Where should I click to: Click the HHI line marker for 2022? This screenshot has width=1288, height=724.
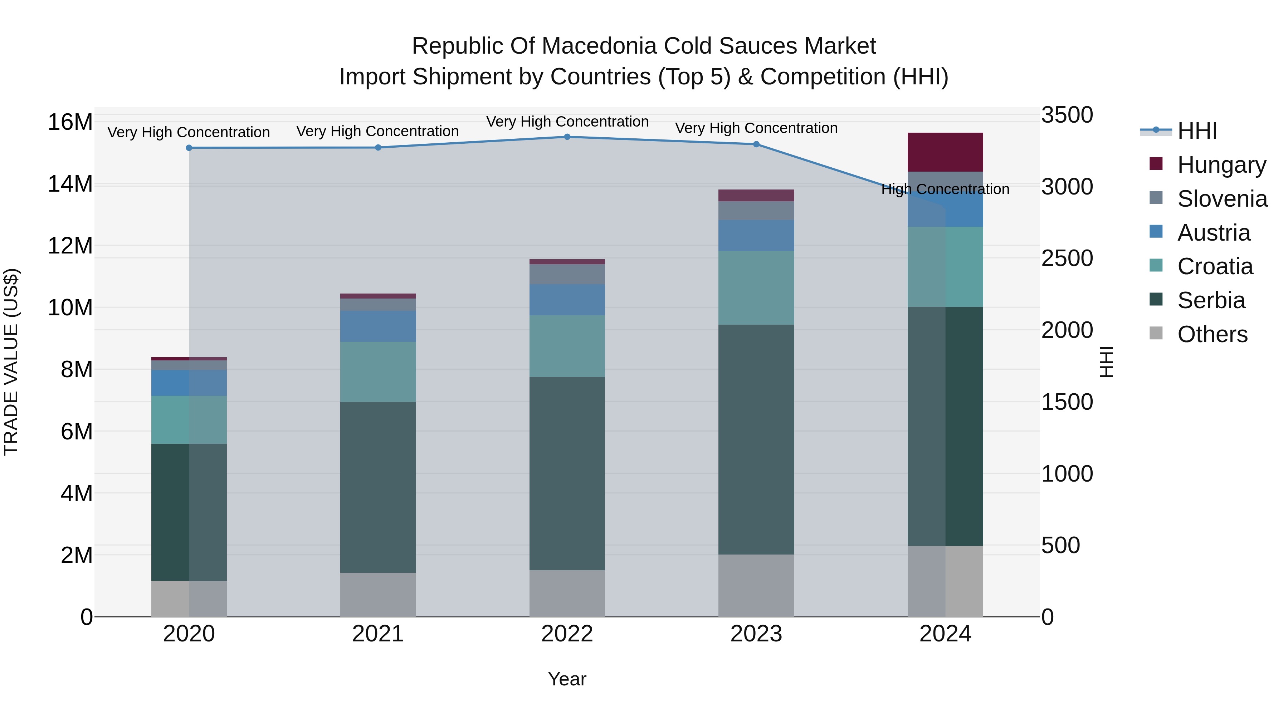pos(567,137)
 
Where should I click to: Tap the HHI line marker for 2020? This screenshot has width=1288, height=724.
pos(189,148)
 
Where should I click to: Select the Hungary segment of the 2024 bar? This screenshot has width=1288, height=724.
pos(945,152)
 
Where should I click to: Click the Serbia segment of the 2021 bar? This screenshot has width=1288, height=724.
pos(378,487)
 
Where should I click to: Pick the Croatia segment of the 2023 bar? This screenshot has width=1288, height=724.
pos(756,288)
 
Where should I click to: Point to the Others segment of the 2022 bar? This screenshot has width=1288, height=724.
pos(567,593)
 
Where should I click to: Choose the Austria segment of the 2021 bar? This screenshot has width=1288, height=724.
pos(378,326)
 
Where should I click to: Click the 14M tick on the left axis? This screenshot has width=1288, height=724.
pos(70,184)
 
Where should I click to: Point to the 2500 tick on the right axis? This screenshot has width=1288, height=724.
pos(1067,258)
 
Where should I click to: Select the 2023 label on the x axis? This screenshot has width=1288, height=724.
pos(756,634)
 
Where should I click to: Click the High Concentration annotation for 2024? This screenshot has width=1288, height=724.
pos(945,189)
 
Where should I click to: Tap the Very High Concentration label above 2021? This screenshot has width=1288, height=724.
pos(377,132)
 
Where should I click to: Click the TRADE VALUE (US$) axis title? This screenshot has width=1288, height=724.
pos(11,362)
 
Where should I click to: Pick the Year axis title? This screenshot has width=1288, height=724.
pos(567,679)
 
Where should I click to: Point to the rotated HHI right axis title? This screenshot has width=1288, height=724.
pos(1107,362)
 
